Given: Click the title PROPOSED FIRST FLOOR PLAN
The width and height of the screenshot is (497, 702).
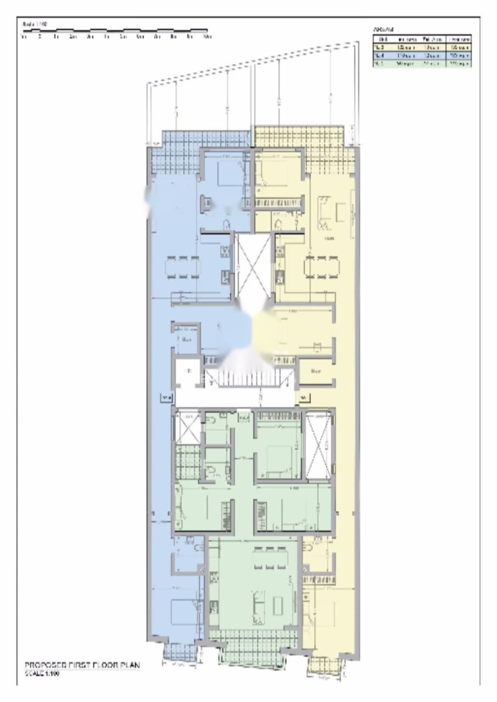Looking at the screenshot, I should click(x=82, y=665).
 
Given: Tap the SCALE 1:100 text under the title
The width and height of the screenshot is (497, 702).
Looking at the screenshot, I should click(x=42, y=673).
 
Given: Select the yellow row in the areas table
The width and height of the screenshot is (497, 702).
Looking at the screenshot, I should click(x=422, y=48).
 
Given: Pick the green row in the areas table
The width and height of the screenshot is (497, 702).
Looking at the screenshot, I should click(x=422, y=63).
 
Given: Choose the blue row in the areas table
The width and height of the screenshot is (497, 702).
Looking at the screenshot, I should click(x=422, y=55).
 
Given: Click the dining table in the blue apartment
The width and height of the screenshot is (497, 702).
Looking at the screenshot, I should click(x=183, y=267).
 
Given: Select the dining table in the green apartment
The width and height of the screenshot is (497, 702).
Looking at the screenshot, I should click(x=270, y=559).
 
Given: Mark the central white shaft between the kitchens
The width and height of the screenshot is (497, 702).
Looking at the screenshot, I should click(x=252, y=266).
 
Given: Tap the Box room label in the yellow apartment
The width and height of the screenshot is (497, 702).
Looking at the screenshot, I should click(x=315, y=371).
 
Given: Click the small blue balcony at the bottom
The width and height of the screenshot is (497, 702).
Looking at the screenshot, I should click(x=180, y=652).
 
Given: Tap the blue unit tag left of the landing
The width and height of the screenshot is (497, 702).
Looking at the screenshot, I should click(x=167, y=397).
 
